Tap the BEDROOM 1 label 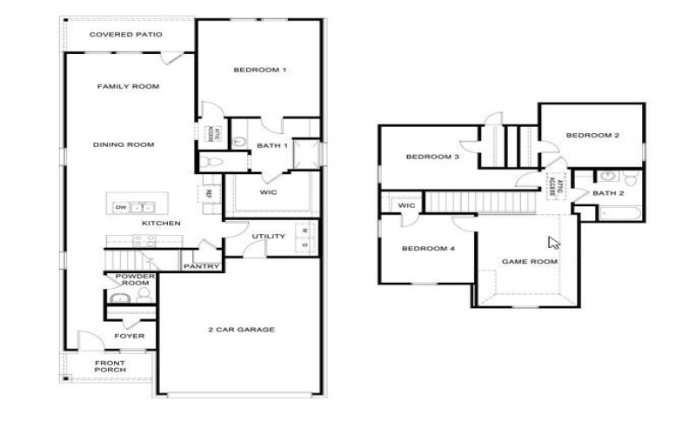click(x=259, y=70)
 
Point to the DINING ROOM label click(x=124, y=144)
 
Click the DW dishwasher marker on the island click(x=120, y=207)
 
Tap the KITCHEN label click(x=161, y=224)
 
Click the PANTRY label click(x=200, y=266)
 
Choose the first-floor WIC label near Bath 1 click(x=268, y=192)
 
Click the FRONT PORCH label click(x=110, y=366)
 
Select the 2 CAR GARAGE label click(x=241, y=330)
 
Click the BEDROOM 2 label click(x=592, y=135)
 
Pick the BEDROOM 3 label click(x=432, y=157)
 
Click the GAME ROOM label click(x=529, y=261)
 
